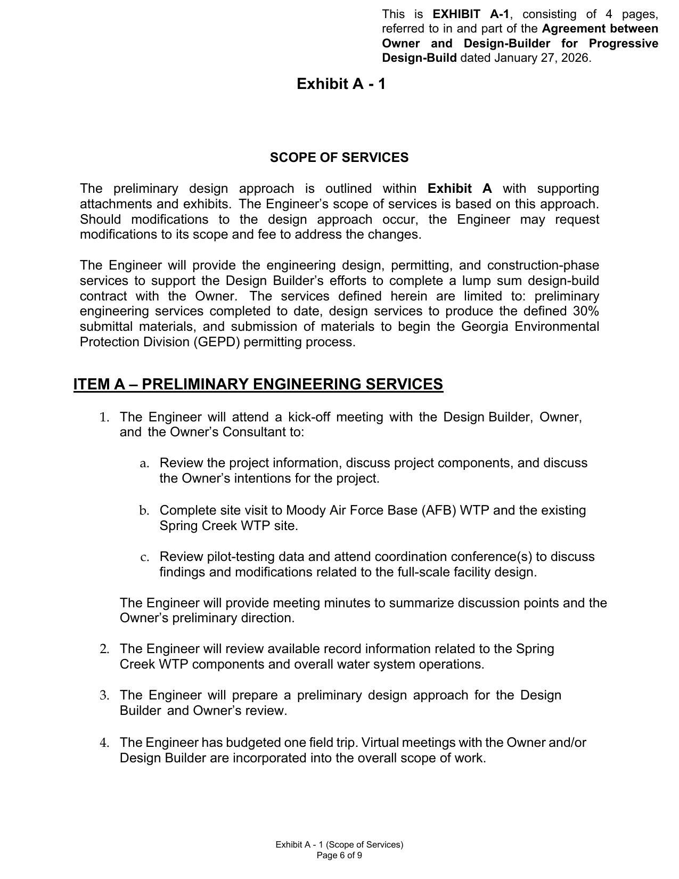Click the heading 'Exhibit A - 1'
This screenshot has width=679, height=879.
click(x=341, y=84)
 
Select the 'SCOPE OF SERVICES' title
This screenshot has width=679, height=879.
click(x=339, y=158)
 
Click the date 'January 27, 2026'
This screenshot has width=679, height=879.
click(x=542, y=58)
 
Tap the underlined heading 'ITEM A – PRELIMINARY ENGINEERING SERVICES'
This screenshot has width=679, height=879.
click(x=258, y=385)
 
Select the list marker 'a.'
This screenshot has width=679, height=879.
click(x=144, y=464)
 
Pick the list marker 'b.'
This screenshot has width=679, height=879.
click(x=144, y=511)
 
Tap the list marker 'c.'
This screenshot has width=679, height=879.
click(x=144, y=558)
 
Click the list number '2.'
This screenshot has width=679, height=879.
click(x=104, y=649)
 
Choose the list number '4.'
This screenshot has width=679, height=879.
click(x=104, y=743)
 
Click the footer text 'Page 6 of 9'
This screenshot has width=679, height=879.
click(x=339, y=856)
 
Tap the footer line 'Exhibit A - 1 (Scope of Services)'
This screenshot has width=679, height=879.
click(x=339, y=844)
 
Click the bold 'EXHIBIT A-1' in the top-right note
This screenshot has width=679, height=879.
click(x=471, y=14)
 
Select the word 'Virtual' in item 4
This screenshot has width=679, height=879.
click(x=380, y=743)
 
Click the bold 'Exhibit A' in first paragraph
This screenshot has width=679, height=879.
click(x=460, y=189)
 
